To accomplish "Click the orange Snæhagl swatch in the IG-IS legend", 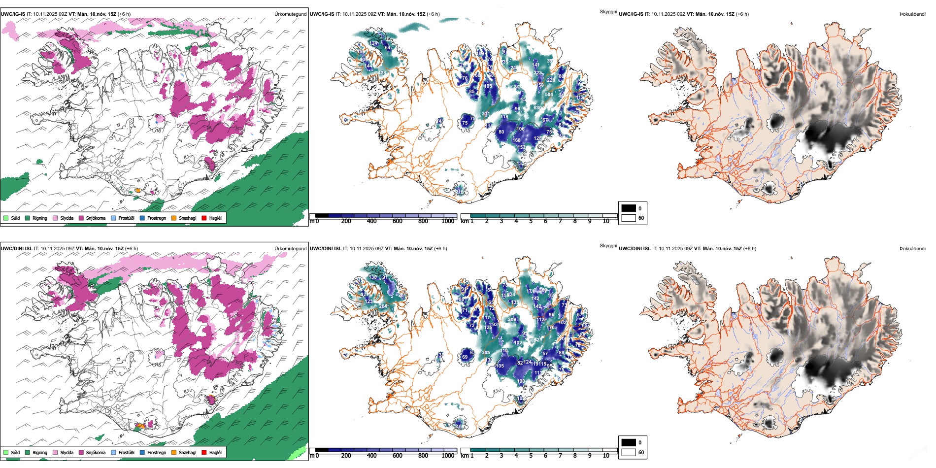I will [x=174, y=218].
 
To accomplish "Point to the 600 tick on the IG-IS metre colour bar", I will [x=398, y=221].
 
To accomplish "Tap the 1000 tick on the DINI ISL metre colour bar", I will [x=448, y=456].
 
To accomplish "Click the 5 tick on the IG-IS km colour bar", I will [x=531, y=221].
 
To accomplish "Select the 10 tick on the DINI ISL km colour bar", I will [x=606, y=456].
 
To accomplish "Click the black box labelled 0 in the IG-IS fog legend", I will [x=629, y=208].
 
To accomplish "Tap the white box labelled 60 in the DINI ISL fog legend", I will [x=629, y=452].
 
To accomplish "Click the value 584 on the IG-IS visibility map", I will [x=549, y=94].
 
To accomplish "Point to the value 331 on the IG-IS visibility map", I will [x=486, y=114].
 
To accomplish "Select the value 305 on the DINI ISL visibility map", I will [x=486, y=353].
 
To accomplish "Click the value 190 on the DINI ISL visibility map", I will [x=521, y=381].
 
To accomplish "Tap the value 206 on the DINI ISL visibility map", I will [x=512, y=320].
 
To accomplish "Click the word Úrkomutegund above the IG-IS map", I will [x=290, y=14].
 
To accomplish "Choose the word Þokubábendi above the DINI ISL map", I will [x=912, y=249].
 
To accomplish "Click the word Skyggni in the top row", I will [x=608, y=12].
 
